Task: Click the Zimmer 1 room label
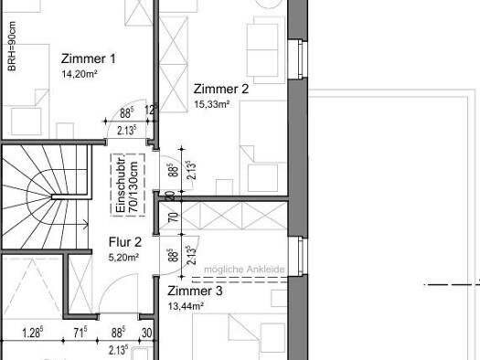click(89, 58)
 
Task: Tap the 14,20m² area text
click(80, 74)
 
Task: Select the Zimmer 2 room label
click(221, 89)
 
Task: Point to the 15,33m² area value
click(212, 104)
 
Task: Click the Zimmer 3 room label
click(195, 291)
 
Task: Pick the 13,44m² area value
click(187, 306)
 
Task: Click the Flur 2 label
click(125, 242)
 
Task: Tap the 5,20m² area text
click(124, 258)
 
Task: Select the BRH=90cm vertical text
click(12, 47)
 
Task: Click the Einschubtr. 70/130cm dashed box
click(128, 185)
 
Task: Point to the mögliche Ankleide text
click(244, 270)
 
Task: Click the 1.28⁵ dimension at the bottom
click(33, 333)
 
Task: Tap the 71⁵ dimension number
click(80, 333)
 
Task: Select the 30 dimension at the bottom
click(147, 333)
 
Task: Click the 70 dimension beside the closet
click(174, 217)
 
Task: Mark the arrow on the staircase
click(84, 225)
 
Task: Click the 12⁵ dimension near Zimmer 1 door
click(151, 111)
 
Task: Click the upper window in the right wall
click(298, 59)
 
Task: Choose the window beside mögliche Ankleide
click(298, 256)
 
